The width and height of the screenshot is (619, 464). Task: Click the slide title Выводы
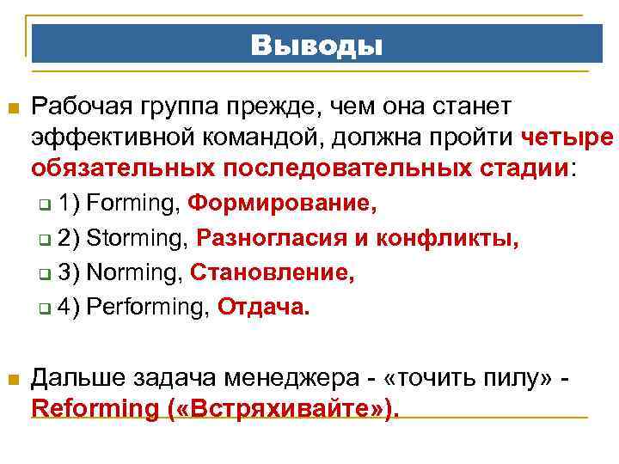coord(317,44)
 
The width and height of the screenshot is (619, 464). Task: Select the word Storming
coord(138,239)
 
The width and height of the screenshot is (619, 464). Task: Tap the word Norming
coord(136,273)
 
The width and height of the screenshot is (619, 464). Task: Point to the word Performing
coord(149,308)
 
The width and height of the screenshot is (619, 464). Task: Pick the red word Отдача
coord(262,308)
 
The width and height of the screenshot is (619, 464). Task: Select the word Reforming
coord(92,409)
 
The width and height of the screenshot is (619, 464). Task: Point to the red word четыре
coord(567,136)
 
